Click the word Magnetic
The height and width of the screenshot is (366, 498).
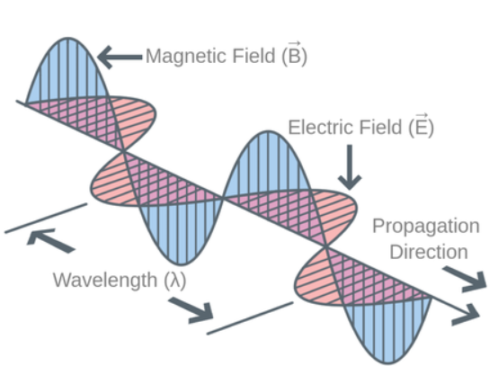187,57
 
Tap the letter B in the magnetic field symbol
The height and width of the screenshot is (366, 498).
294,57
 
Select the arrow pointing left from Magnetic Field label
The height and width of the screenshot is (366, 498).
120,58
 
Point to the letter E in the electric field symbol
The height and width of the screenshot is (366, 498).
421,128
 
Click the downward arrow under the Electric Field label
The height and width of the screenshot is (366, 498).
350,167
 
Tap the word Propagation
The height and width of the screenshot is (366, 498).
426,227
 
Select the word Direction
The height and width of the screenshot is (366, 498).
429,252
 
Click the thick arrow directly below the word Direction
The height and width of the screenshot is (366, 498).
465,279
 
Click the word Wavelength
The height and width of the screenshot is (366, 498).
105,281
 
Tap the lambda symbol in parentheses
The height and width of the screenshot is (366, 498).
175,281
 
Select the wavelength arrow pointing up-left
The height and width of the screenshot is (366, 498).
51,240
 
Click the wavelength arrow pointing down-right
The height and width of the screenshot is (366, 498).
191,310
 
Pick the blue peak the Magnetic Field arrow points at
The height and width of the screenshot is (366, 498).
67,70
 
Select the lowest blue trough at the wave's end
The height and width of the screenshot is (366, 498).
388,330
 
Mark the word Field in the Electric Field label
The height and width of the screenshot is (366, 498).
379,128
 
